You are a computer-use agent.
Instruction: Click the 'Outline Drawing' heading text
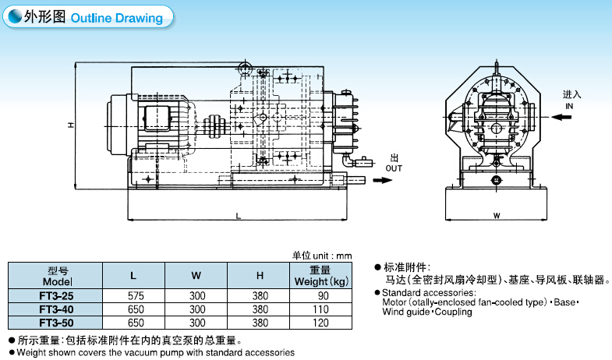pyautogui.click(x=116, y=18)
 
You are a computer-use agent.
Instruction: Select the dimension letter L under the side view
pyautogui.click(x=237, y=214)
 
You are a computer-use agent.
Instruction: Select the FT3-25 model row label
pyautogui.click(x=55, y=296)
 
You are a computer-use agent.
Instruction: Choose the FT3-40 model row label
pyautogui.click(x=55, y=309)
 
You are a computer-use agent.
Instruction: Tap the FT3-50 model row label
pyautogui.click(x=55, y=322)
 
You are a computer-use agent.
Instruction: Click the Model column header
pyautogui.click(x=56, y=276)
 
